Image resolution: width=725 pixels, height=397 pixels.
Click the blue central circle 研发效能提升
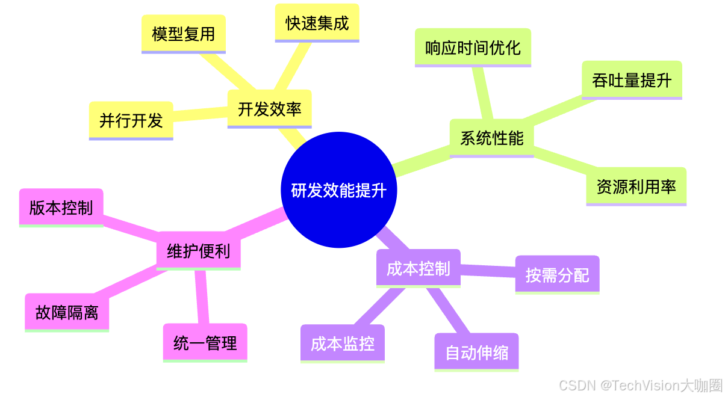click(x=339, y=190)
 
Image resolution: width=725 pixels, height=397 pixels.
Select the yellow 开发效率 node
click(x=269, y=109)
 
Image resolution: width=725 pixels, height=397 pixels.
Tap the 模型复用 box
click(x=184, y=34)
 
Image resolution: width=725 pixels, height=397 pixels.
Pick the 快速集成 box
click(x=317, y=23)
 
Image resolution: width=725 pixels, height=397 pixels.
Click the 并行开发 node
click(x=131, y=120)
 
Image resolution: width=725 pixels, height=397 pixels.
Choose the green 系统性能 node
click(x=491, y=138)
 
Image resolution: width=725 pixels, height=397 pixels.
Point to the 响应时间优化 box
click(x=473, y=48)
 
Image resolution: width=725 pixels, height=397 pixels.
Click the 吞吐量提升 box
click(x=632, y=80)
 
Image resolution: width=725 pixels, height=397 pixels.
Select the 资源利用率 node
click(x=636, y=186)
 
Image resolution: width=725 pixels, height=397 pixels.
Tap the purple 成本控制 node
click(x=418, y=268)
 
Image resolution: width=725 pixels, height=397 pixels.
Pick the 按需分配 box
click(x=557, y=275)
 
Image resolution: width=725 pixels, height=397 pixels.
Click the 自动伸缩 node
click(x=476, y=352)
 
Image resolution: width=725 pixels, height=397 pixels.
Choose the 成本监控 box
click(x=342, y=343)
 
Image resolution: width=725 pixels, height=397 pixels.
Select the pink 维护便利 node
click(x=198, y=250)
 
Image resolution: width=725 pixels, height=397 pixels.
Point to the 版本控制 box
click(x=61, y=208)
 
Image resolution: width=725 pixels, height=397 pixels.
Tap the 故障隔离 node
click(x=67, y=313)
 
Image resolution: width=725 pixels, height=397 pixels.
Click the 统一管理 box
click(x=205, y=343)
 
